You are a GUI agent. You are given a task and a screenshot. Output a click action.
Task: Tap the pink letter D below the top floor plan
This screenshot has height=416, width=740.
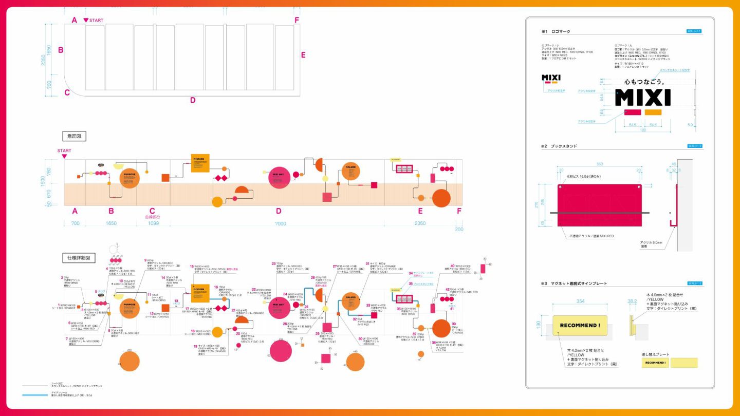(193, 100)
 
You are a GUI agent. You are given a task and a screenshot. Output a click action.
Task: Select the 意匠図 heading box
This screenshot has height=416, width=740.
(74, 136)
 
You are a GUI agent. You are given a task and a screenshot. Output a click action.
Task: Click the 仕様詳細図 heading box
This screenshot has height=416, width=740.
(79, 257)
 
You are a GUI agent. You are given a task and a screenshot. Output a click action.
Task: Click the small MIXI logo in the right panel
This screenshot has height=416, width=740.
(551, 78)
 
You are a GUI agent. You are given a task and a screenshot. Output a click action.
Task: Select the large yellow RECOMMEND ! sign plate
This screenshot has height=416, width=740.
(580, 325)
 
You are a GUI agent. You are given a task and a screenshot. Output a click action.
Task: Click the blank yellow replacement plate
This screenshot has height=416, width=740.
(684, 363)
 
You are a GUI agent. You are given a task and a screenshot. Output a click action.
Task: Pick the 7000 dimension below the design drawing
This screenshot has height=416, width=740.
(280, 223)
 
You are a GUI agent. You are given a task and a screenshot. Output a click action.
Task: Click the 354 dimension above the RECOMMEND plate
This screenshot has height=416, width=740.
(580, 301)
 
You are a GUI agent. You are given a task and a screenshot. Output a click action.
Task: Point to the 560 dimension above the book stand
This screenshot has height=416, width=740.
(599, 164)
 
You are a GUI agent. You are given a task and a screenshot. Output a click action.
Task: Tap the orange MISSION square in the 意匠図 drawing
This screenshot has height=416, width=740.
(200, 163)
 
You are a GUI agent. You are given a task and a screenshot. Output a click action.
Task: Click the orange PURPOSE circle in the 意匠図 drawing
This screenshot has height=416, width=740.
(129, 178)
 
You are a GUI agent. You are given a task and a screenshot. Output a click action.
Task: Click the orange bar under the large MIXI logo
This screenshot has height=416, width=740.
(653, 112)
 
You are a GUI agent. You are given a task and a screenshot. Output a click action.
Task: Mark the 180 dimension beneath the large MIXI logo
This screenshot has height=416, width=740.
(642, 130)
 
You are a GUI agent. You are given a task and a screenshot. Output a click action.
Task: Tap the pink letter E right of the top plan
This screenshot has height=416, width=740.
(303, 55)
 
